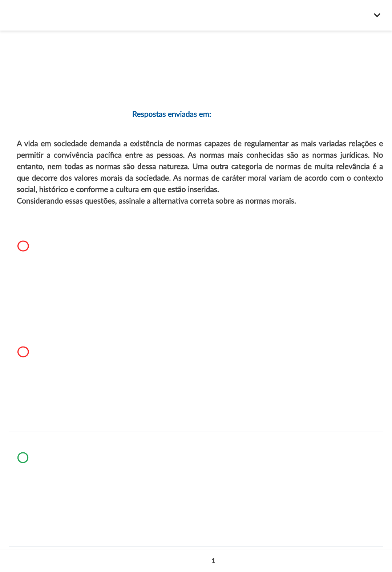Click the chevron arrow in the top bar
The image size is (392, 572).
point(377,15)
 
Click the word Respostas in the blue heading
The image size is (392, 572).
point(149,114)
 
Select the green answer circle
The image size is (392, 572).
point(23,457)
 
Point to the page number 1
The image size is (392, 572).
point(213,561)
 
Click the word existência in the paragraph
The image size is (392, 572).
point(146,144)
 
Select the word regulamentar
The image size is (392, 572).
point(266,144)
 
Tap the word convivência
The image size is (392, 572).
point(73,155)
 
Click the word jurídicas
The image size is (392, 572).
point(355,155)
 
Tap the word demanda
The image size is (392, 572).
point(105,144)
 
